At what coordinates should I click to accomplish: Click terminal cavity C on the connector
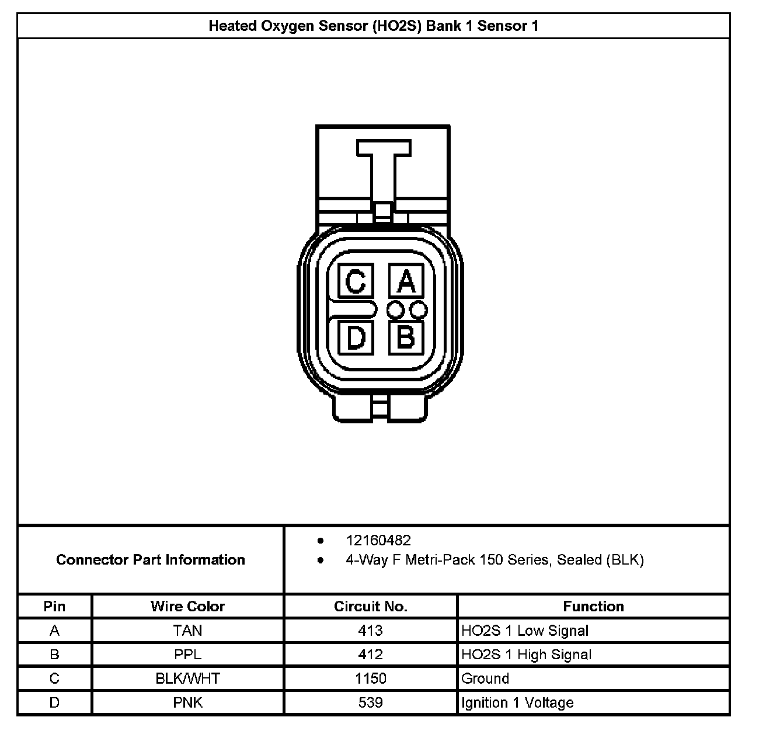(356, 282)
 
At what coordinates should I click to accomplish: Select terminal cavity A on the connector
(406, 282)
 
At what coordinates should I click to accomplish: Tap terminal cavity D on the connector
(356, 338)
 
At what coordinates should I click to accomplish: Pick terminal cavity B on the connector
(406, 337)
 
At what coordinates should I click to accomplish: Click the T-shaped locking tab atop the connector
(383, 169)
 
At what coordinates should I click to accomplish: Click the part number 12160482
(378, 541)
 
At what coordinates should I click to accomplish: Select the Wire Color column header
(187, 606)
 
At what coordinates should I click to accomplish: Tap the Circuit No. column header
(370, 606)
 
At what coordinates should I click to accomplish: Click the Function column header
(593, 606)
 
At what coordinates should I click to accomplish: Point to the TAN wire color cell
(187, 631)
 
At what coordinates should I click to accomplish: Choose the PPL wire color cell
(187, 655)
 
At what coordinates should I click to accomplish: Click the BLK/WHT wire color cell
(187, 678)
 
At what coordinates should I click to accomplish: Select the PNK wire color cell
(187, 702)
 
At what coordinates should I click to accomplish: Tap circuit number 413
(370, 631)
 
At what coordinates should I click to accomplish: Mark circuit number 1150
(370, 678)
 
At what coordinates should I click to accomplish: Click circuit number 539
(370, 702)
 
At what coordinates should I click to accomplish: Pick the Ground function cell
(485, 678)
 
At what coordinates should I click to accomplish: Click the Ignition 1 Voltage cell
(517, 702)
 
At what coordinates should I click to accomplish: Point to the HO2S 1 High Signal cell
(526, 655)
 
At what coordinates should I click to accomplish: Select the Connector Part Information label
(151, 560)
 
